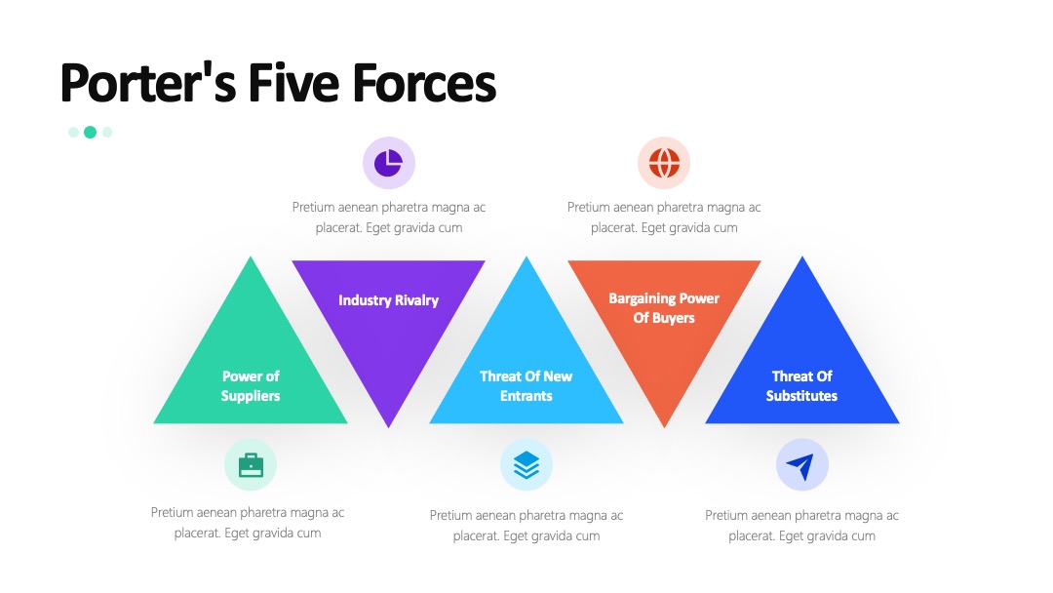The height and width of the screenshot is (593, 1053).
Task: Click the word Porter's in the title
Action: click(x=148, y=83)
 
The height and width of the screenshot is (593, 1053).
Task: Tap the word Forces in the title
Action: click(x=424, y=83)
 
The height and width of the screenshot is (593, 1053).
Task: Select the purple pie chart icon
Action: click(x=389, y=163)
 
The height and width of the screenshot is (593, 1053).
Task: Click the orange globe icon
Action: click(x=664, y=163)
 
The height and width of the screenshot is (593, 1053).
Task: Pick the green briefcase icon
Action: click(x=251, y=464)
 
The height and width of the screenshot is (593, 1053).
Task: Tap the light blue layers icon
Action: click(x=526, y=464)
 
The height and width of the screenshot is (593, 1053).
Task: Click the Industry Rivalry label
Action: click(x=388, y=300)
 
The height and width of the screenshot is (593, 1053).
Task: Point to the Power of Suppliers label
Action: click(x=251, y=386)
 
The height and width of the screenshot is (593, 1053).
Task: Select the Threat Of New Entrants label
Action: click(x=526, y=386)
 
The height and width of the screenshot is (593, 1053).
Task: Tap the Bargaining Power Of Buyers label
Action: click(x=664, y=307)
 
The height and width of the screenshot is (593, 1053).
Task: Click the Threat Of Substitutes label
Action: click(x=801, y=386)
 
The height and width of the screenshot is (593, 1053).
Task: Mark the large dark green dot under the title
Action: click(x=90, y=133)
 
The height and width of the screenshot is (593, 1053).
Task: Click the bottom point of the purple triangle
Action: click(x=388, y=427)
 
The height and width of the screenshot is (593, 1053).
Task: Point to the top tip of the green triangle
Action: click(x=251, y=257)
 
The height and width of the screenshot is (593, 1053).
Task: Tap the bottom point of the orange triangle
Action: click(x=664, y=427)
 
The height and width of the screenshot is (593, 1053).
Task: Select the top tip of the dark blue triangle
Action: click(x=801, y=257)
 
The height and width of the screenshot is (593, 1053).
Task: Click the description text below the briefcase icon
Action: click(x=247, y=523)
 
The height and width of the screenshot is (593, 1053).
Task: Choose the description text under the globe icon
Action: click(x=664, y=217)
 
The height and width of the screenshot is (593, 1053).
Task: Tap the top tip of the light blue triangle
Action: click(x=526, y=257)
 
